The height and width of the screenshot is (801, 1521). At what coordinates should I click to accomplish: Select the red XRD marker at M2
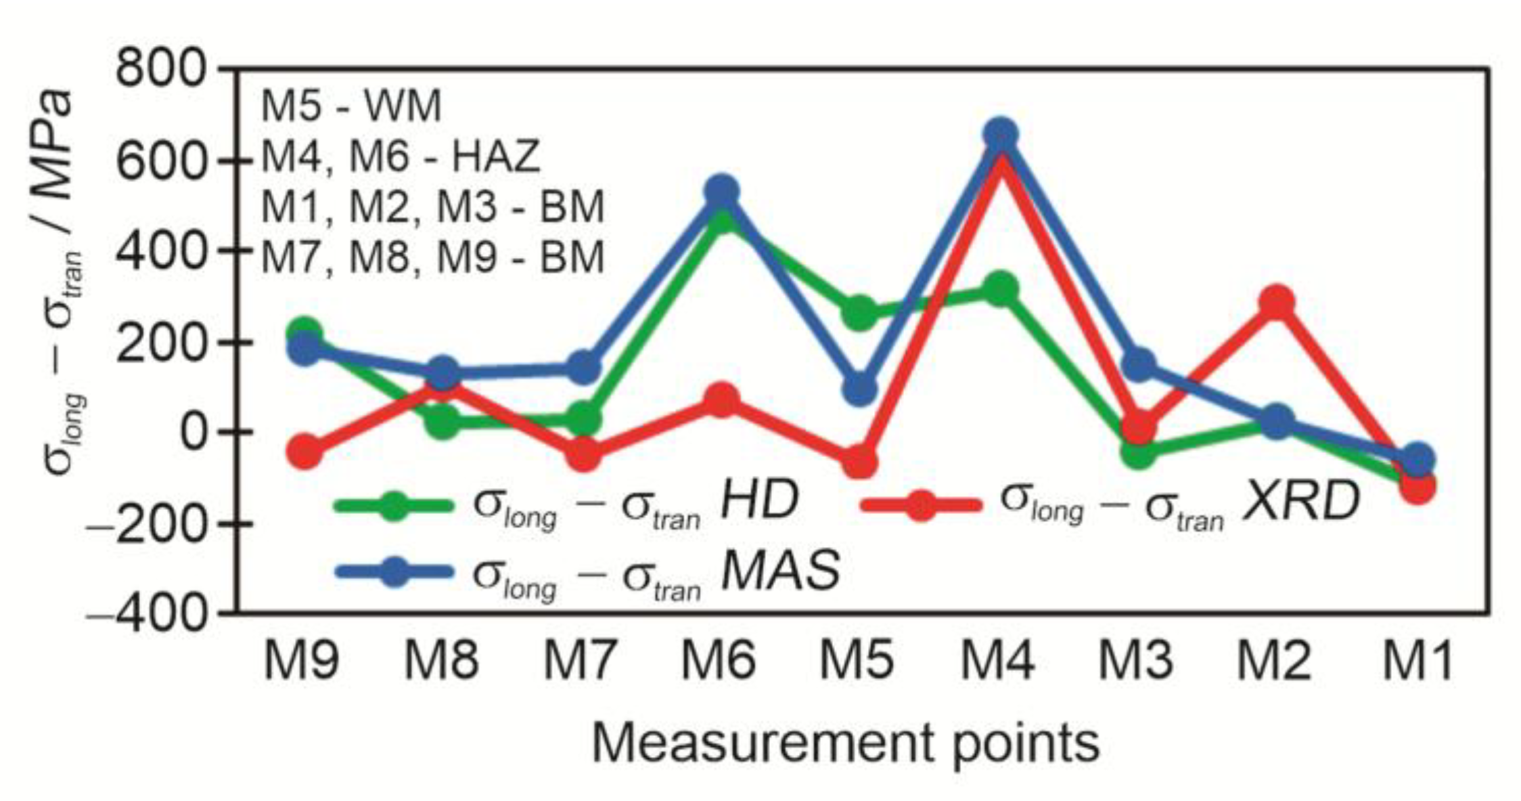(1277, 301)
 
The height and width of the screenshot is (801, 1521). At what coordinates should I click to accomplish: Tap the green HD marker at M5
(859, 313)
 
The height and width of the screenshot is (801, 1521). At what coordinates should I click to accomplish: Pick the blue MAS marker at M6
(721, 191)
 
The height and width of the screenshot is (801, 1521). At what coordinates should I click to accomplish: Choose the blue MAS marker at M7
(583, 367)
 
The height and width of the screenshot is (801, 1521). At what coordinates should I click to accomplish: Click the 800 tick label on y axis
(160, 69)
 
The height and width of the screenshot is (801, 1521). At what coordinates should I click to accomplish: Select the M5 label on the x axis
(857, 661)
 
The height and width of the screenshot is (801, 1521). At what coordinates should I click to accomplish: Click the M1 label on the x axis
(1417, 661)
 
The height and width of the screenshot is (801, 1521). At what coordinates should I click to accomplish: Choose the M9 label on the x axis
(302, 661)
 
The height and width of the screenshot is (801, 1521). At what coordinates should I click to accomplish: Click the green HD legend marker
(394, 504)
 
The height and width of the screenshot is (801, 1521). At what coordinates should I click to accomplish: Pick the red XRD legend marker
(921, 504)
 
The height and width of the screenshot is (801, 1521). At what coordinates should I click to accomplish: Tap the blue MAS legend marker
(394, 572)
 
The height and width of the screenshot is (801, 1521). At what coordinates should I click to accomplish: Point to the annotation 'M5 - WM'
(351, 106)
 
